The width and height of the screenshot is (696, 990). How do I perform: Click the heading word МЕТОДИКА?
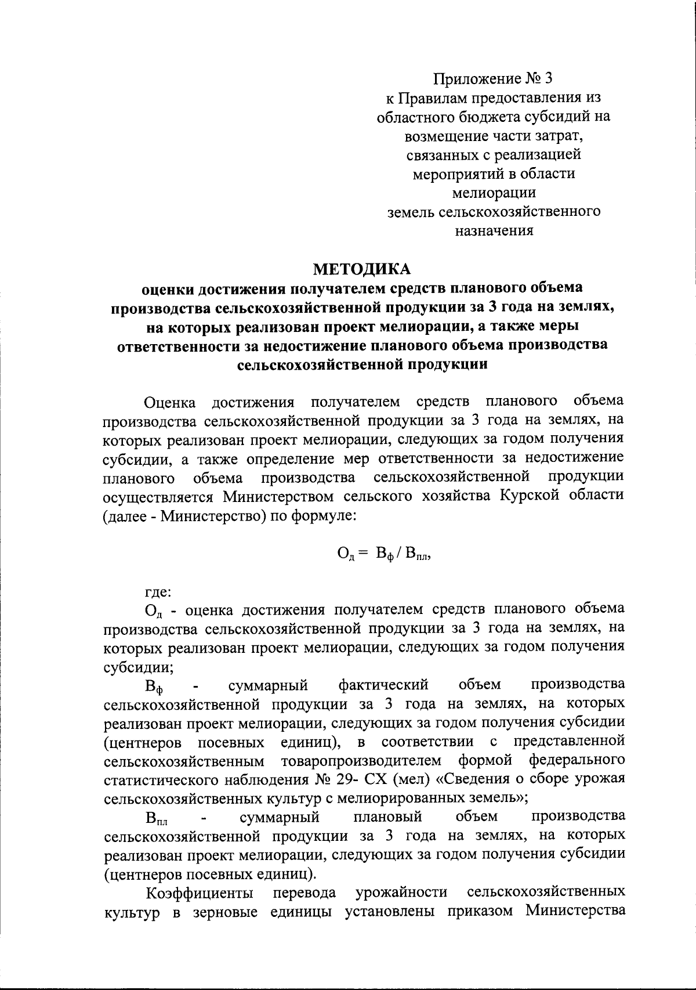pyautogui.click(x=361, y=269)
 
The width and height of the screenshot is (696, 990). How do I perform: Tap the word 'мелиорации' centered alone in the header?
pyautogui.click(x=494, y=192)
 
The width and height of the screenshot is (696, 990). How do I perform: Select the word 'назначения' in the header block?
pyautogui.click(x=494, y=230)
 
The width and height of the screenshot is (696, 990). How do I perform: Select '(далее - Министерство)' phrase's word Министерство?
pyautogui.click(x=212, y=516)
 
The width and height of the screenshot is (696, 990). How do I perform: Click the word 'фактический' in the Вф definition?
pyautogui.click(x=383, y=685)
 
